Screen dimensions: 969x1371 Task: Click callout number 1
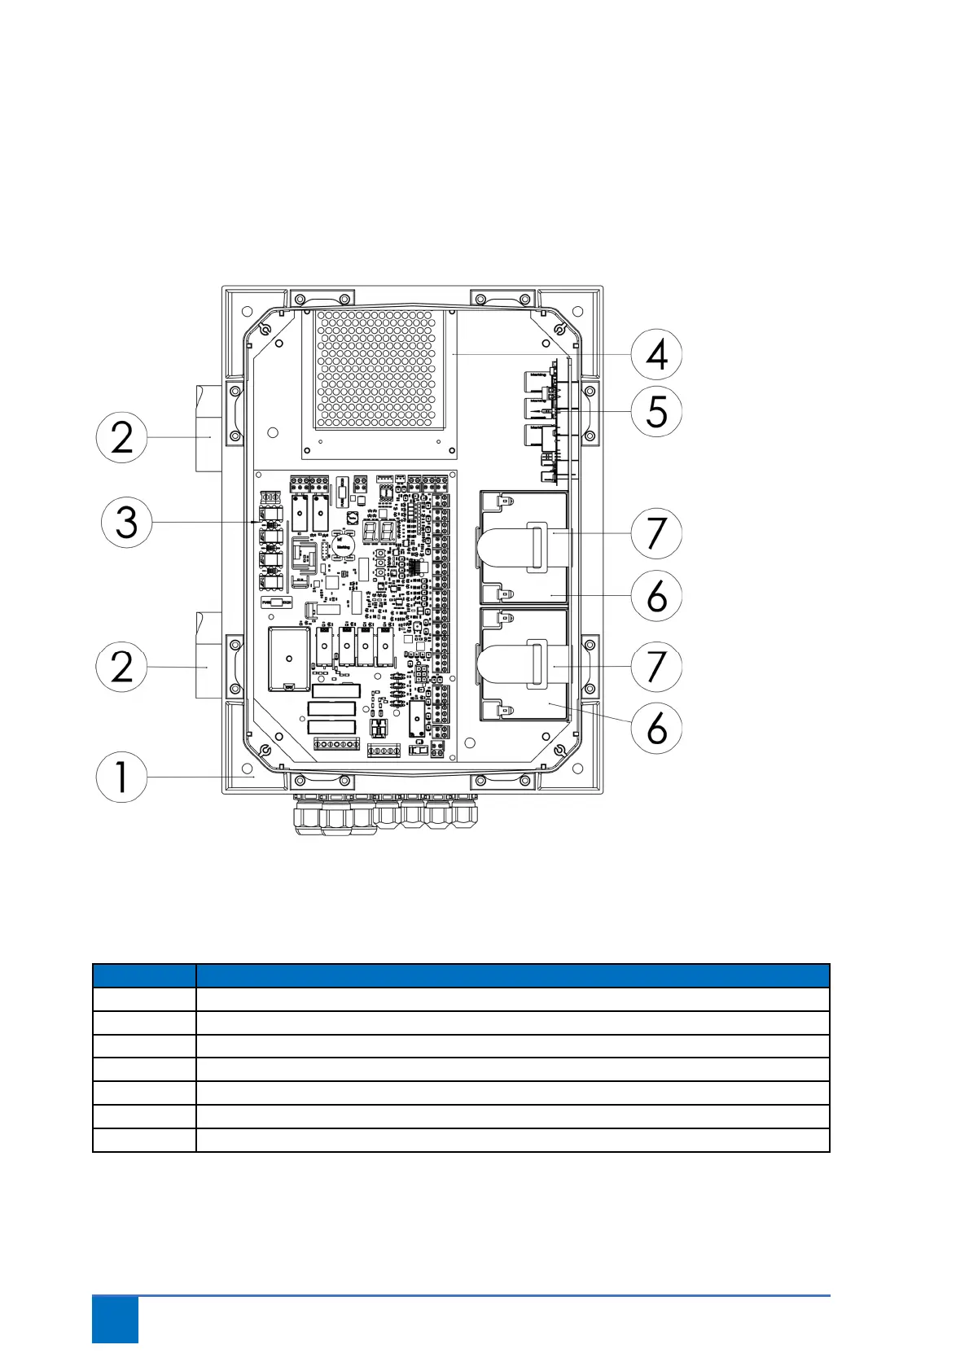coord(121,777)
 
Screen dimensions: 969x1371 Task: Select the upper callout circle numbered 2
coord(121,437)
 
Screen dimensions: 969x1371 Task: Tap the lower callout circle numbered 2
coord(121,667)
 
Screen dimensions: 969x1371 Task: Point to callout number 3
coord(126,522)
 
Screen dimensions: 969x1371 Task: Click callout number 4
coord(656,354)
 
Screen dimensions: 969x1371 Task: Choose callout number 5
coord(656,411)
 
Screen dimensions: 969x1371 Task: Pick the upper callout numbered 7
coord(656,533)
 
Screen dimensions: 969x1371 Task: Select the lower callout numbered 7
coord(656,666)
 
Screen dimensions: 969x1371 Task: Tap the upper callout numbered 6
coord(656,596)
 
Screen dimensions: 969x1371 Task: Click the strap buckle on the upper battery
coord(537,545)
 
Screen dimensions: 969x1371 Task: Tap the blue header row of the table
coord(461,975)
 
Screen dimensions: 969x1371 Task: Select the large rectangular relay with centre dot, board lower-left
coord(289,658)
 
